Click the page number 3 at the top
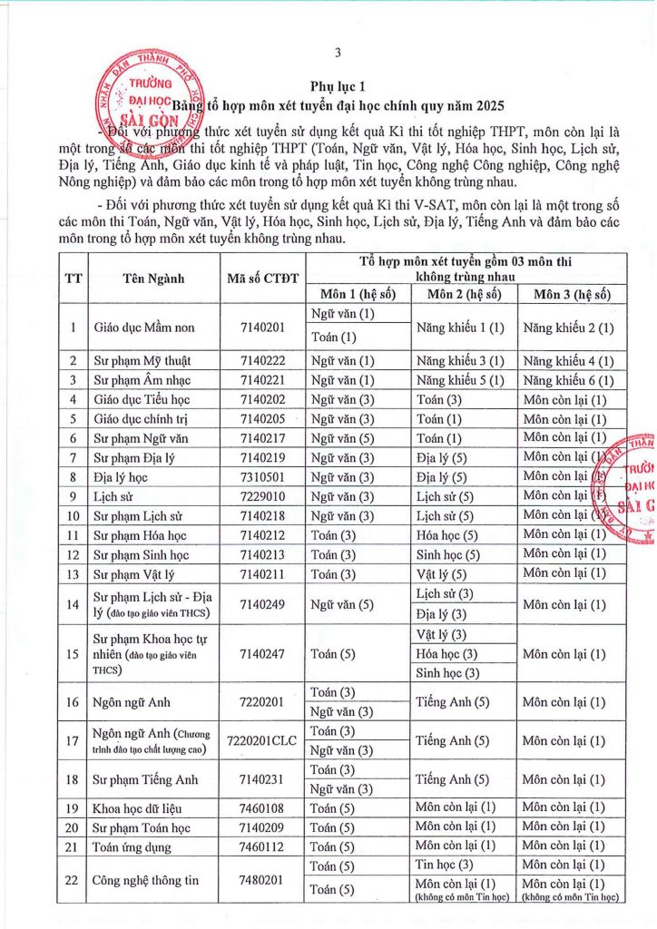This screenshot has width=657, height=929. (x=337, y=52)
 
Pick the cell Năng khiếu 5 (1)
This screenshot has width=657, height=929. (x=460, y=379)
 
